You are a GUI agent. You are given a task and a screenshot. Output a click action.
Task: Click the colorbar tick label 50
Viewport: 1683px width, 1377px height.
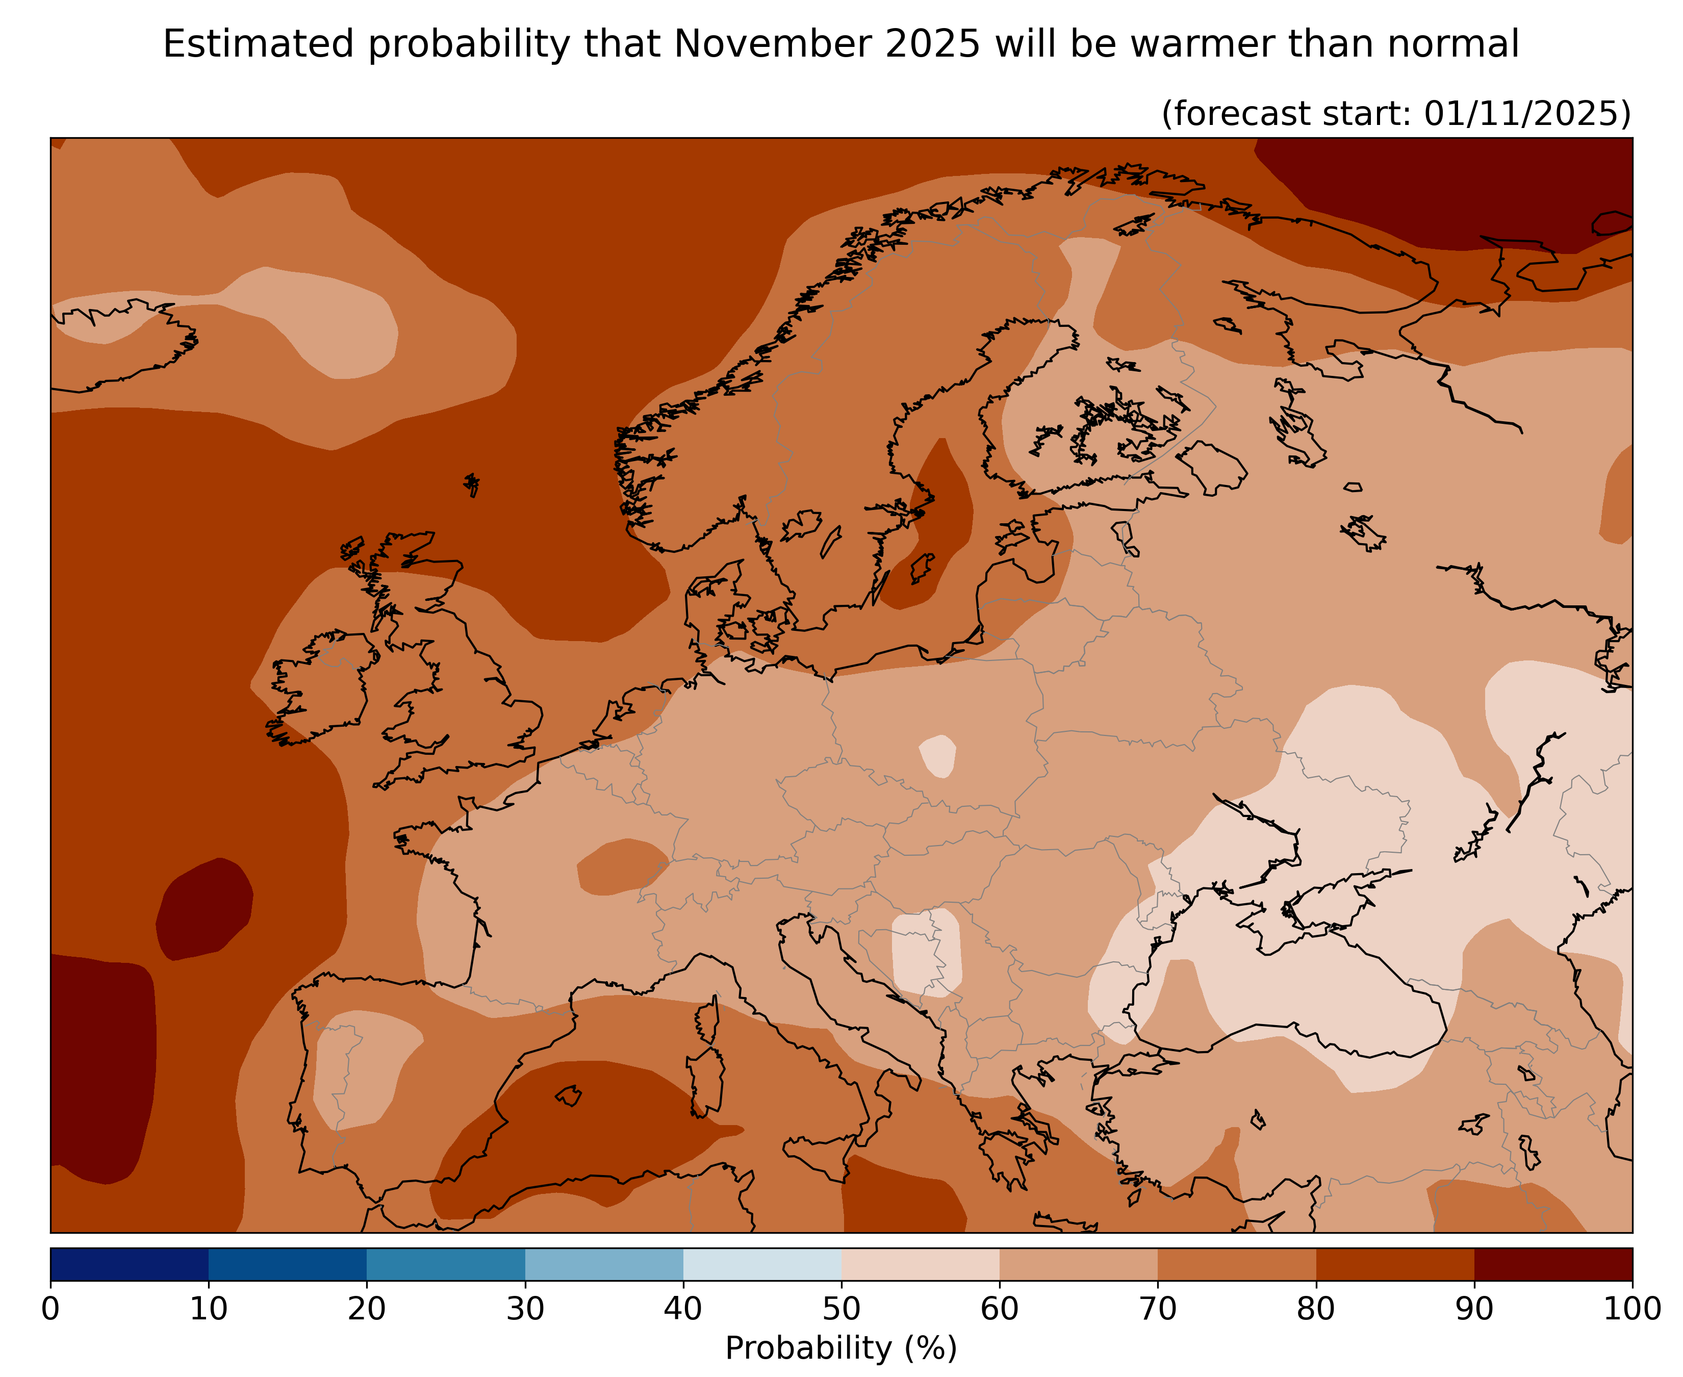(x=841, y=1309)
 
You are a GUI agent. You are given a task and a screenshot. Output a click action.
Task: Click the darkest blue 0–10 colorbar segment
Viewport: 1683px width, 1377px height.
(x=129, y=1264)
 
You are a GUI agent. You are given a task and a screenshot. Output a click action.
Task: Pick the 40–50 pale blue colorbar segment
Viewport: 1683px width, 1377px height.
(x=762, y=1264)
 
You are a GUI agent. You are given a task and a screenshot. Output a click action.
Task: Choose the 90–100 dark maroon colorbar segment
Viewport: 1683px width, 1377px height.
(x=1553, y=1264)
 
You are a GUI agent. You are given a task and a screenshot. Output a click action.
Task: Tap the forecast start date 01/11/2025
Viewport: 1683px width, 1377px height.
(x=1527, y=113)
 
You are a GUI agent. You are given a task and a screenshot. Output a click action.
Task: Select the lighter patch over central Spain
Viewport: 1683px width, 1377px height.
(x=361, y=1067)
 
